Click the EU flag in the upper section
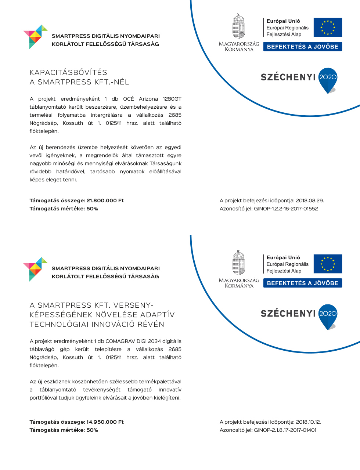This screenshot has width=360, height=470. coord(328,28)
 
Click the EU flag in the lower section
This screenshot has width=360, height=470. coord(328,264)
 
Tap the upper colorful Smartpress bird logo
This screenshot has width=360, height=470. coord(35,36)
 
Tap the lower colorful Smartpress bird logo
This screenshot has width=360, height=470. coord(35,269)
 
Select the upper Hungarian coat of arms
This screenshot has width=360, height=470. coord(238,26)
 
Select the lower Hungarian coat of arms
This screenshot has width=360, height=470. coord(238,263)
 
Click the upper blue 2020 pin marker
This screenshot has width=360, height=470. coord(328,79)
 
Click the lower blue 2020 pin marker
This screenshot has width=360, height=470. coord(328,316)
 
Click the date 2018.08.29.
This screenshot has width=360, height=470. coord(310,200)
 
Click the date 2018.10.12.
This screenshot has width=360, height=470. coord(309,422)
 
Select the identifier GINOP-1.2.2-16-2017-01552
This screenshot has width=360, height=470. coord(286,209)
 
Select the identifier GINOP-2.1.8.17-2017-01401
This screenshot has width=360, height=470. coord(285,430)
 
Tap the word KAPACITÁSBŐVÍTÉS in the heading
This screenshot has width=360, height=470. coord(68,73)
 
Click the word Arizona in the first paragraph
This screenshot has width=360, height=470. coord(148,99)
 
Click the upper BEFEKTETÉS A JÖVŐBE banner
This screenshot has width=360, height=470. coord(302,47)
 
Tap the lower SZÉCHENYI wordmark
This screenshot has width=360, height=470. coord(288,314)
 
